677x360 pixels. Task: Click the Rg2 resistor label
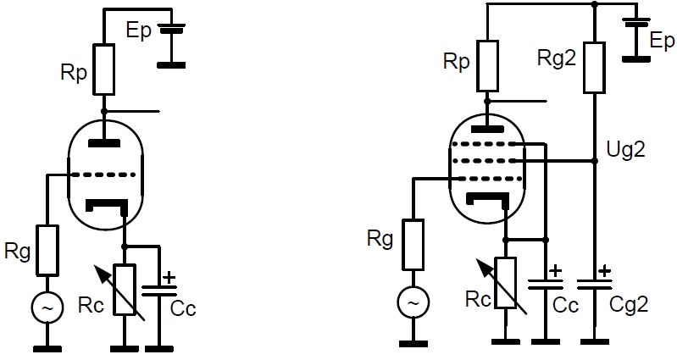(x=557, y=58)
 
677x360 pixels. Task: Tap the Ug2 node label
(x=625, y=150)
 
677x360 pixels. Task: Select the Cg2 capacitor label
(x=629, y=305)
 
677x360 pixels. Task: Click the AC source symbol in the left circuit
(x=47, y=307)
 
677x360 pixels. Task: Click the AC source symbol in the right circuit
(x=413, y=302)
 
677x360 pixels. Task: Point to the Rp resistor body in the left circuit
(x=104, y=69)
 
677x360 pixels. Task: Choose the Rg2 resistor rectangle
(x=594, y=67)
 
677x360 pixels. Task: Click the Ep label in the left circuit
(x=139, y=31)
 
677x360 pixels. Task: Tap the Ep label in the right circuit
(x=662, y=41)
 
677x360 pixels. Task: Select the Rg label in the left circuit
(x=17, y=252)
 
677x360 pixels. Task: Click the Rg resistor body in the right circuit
(x=413, y=245)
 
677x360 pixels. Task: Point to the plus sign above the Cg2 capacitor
(x=605, y=271)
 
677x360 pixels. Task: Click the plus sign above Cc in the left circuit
(x=169, y=277)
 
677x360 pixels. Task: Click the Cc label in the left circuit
(x=183, y=308)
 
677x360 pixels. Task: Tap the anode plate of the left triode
(x=104, y=143)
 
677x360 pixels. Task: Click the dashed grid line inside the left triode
(x=103, y=174)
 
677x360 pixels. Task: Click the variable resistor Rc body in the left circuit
(x=125, y=290)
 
